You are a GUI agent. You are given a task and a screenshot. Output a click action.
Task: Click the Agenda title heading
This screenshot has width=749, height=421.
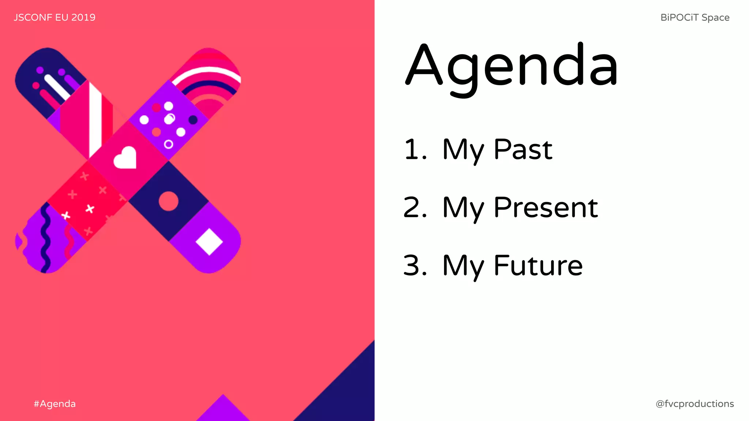[x=511, y=66]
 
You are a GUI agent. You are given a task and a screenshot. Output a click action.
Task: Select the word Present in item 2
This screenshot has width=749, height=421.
[x=546, y=207]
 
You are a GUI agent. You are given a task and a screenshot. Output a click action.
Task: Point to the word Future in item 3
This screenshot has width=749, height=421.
[x=538, y=265]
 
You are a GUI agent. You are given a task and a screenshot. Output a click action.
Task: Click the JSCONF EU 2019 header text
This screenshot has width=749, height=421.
[x=54, y=17]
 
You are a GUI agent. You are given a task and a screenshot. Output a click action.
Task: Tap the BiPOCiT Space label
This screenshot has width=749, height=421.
[x=695, y=17]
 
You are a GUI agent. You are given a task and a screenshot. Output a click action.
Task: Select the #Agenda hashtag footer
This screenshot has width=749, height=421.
[x=54, y=403]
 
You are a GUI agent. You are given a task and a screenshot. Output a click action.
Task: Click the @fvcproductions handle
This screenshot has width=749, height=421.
[x=695, y=403]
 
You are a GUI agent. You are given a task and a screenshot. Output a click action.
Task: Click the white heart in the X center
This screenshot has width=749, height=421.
[x=125, y=158]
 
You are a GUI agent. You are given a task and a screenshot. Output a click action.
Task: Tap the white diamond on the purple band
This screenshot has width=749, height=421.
[x=209, y=242]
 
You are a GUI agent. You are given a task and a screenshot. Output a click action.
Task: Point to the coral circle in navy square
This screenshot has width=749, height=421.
[x=169, y=201]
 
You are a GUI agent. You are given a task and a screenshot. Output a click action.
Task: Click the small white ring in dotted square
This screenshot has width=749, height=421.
[x=168, y=144]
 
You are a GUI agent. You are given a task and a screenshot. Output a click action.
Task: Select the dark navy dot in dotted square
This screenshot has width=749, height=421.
[x=193, y=120]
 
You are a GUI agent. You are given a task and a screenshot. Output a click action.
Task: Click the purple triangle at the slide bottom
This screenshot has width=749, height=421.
[x=223, y=411]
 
